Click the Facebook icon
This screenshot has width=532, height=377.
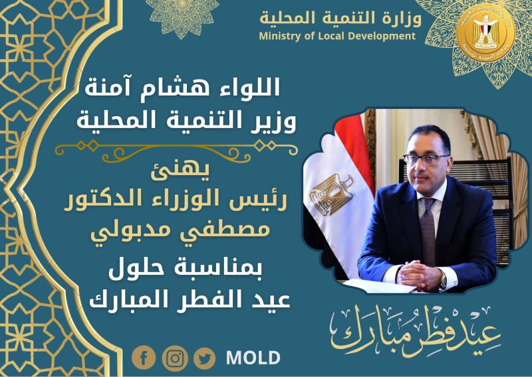[x=144, y=358]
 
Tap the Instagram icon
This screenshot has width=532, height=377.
[x=175, y=358]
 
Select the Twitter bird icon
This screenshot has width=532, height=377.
[x=205, y=358]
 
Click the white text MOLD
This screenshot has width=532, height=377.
[x=253, y=358]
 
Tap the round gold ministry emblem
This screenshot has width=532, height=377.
[x=485, y=37]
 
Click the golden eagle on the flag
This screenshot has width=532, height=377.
[x=332, y=194]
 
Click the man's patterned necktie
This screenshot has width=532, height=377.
[x=428, y=230]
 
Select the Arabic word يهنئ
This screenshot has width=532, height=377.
[x=180, y=172]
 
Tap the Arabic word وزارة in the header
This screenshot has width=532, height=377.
[x=401, y=18]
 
